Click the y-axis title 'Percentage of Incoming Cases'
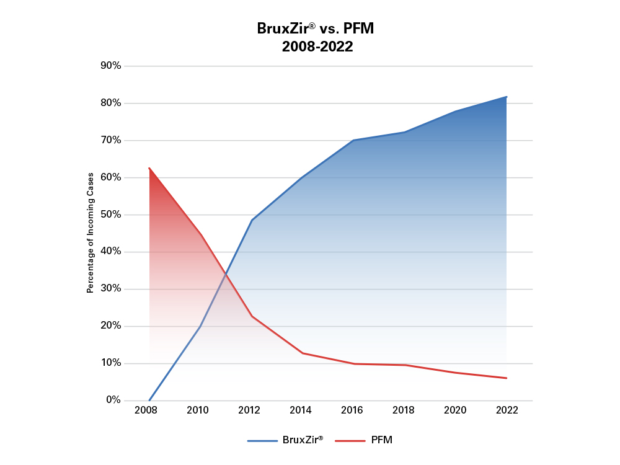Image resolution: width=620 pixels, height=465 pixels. (x=90, y=233)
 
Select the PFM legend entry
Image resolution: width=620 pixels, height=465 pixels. (x=364, y=440)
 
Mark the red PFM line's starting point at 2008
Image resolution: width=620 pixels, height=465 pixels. (x=149, y=168)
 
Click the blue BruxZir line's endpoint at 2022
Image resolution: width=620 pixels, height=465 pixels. (x=507, y=97)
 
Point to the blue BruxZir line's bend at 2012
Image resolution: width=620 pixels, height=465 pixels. (x=252, y=220)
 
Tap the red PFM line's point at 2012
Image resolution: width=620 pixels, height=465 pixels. (x=252, y=316)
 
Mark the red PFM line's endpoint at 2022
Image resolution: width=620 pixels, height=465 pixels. (x=507, y=378)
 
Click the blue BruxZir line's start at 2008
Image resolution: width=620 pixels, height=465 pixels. (x=149, y=400)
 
